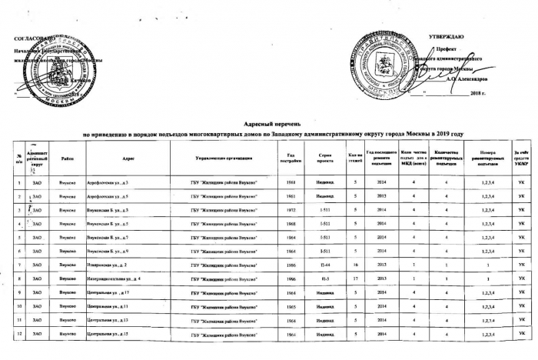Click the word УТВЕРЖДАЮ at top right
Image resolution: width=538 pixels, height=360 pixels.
pos(445,37)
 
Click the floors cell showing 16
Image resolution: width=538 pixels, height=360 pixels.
pos(355,265)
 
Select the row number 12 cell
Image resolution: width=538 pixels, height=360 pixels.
pos(17,334)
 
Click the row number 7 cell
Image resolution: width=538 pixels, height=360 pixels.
pos(17,265)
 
